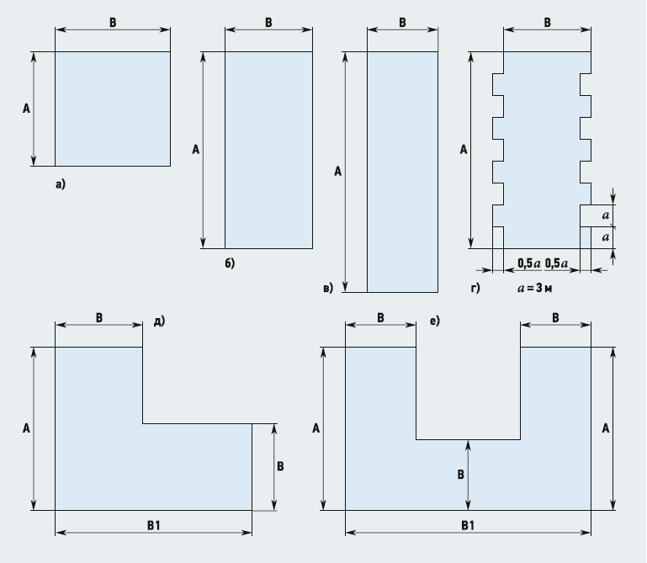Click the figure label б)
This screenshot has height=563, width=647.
(x=229, y=263)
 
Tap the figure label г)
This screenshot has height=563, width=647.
(x=475, y=288)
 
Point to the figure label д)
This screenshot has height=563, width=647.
(x=159, y=320)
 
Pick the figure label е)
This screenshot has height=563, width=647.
(x=434, y=320)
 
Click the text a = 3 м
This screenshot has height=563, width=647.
(x=538, y=288)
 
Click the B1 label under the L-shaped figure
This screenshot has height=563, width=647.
(x=153, y=524)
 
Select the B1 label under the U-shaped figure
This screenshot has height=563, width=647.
(x=468, y=524)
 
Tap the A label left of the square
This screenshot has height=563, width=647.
(x=26, y=108)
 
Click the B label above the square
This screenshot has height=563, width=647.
(x=113, y=23)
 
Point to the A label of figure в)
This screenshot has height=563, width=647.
(x=337, y=172)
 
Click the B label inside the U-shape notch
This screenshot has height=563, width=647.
(x=460, y=475)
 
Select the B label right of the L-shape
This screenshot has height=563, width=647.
(x=280, y=466)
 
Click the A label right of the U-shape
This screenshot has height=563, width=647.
(x=605, y=428)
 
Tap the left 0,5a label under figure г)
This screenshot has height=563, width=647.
(x=528, y=263)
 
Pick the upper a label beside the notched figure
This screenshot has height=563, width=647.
(x=606, y=215)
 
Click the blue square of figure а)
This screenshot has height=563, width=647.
(x=113, y=109)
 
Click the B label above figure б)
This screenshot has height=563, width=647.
(x=268, y=23)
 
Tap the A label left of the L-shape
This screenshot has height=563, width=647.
(x=26, y=428)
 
